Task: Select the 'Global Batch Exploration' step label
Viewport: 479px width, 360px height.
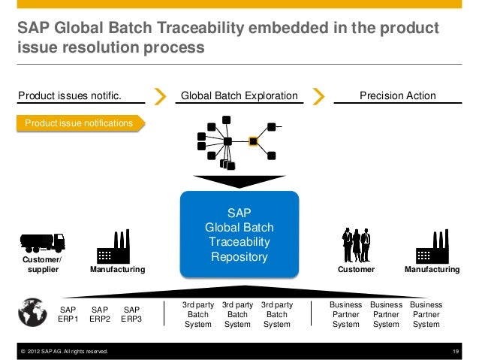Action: coord(239,95)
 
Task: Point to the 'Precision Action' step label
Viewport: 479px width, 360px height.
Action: coord(398,95)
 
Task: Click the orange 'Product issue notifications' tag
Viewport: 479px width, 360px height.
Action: coord(79,122)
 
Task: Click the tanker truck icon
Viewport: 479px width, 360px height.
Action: coord(43,241)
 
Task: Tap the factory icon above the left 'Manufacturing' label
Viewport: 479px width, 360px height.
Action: coord(113,245)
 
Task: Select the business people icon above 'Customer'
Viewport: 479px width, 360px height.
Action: coord(356,244)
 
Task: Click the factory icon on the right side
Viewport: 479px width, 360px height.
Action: coord(432,245)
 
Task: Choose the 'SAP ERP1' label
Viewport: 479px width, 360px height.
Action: coord(68,314)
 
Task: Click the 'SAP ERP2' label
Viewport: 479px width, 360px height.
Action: coord(100,314)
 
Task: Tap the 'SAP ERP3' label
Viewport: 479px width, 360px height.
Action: coord(131,314)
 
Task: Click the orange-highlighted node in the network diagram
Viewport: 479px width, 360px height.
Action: coord(254,141)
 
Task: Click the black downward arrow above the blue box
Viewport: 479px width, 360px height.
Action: coord(239,181)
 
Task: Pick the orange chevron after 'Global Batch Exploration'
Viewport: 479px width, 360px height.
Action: coord(318,96)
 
